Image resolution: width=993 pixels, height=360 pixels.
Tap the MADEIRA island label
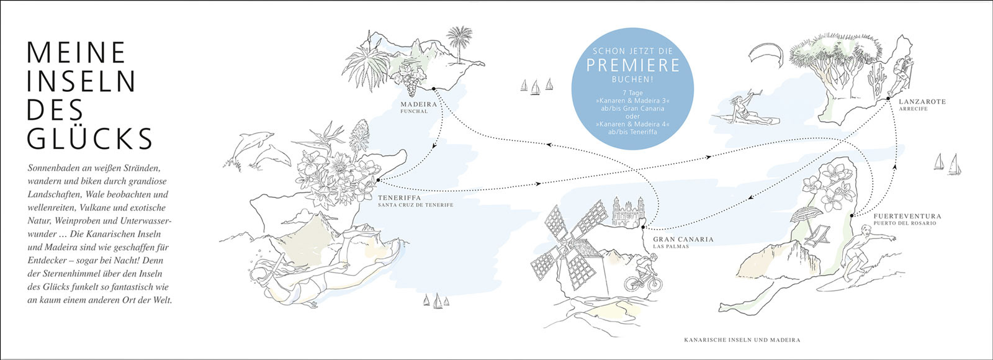click(419, 104)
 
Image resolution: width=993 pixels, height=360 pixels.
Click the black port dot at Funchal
click(434, 89)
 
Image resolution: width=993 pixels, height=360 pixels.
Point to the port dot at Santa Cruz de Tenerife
click(378, 180)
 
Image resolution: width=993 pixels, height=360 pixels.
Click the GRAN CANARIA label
click(683, 239)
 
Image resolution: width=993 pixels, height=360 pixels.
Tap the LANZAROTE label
click(922, 102)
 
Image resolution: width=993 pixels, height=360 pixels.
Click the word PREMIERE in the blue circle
click(634, 65)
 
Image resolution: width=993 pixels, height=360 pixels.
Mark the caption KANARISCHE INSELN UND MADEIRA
click(742, 340)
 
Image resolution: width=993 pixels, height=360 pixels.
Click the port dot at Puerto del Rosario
click(851, 215)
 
